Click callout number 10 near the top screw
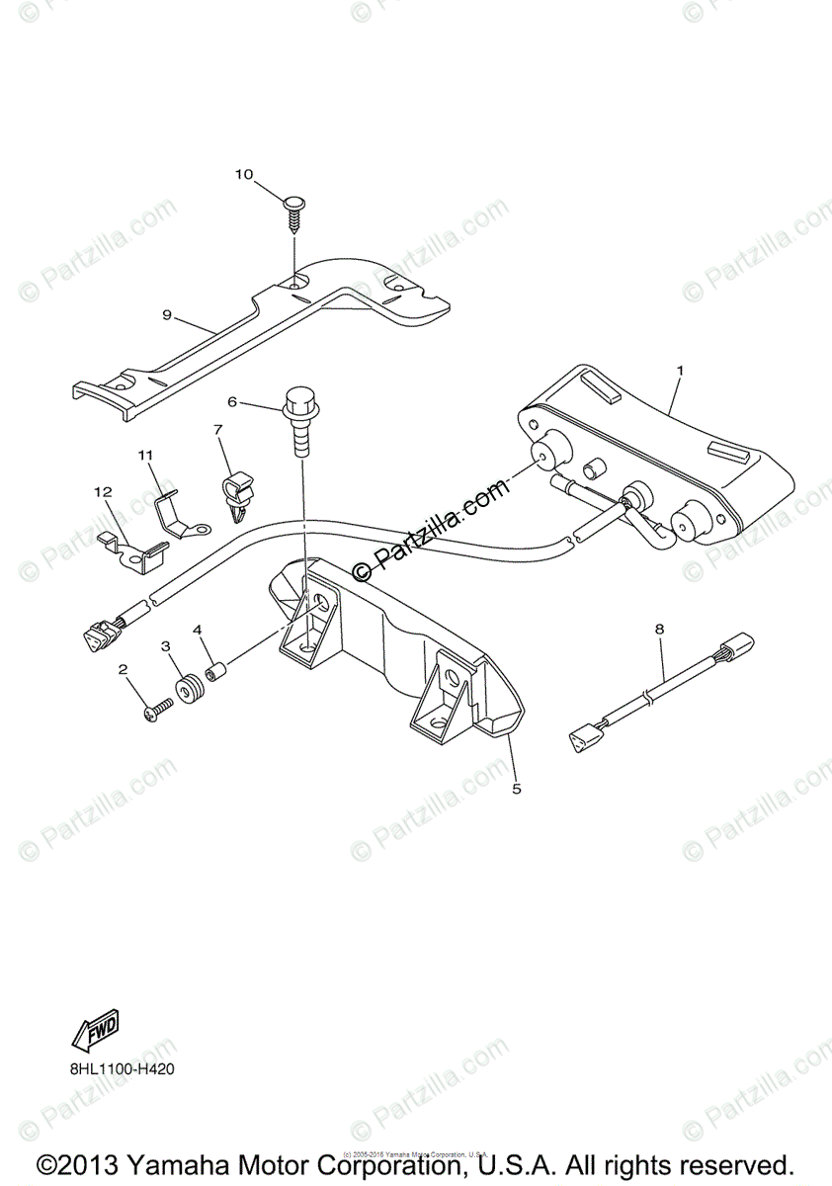pos(244,175)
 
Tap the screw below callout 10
pos(294,211)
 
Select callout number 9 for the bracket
pos(168,315)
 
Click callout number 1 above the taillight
pos(680,370)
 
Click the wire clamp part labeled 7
pos(237,490)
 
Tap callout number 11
pos(145,456)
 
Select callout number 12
pos(104,491)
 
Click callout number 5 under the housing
pos(516,789)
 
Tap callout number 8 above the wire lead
pos(659,628)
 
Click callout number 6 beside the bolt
pos(233,402)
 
